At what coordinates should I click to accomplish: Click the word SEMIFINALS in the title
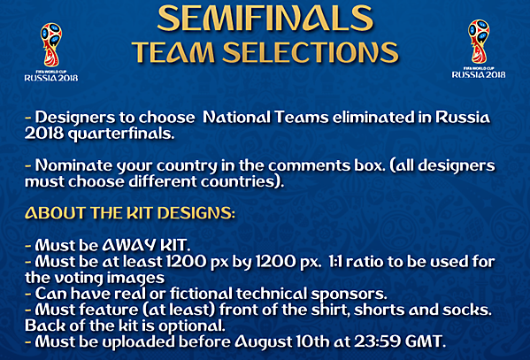point(263,19)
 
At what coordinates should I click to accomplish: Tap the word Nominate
point(70,165)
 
